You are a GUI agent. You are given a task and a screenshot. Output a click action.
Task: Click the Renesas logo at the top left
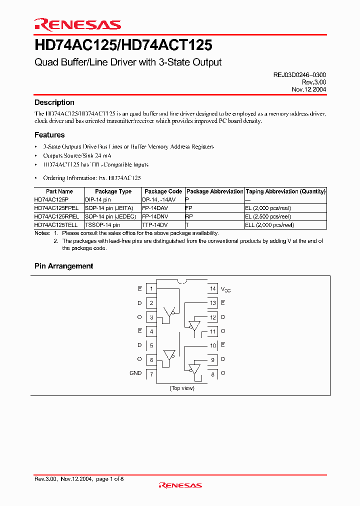point(77,24)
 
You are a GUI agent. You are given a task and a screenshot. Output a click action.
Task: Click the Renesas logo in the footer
point(180,485)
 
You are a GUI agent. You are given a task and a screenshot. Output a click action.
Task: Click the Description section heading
point(54,102)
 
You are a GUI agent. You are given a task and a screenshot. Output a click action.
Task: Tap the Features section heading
point(49,135)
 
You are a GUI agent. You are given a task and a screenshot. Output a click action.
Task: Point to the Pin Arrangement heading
point(63,266)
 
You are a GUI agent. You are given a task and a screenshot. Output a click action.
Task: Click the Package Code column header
point(163,191)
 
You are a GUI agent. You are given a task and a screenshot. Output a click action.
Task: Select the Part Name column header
point(59,191)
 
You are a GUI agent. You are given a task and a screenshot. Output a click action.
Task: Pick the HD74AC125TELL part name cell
point(56,225)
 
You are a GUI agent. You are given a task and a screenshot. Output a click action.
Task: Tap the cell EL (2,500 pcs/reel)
point(268,217)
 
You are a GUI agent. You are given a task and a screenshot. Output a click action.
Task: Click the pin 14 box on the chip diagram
point(212,289)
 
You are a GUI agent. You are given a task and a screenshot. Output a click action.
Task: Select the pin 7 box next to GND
point(151,373)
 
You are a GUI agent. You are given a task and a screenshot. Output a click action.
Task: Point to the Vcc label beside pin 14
point(226,289)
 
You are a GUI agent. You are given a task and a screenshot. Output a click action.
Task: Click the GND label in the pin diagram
point(135,373)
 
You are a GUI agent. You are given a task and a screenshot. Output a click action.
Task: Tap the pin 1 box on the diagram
point(151,289)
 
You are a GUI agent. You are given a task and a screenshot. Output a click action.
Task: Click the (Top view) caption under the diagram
point(182,388)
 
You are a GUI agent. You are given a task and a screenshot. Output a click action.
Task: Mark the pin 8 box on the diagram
point(212,373)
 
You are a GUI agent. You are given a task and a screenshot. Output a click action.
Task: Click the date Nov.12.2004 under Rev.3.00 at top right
point(309,89)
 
